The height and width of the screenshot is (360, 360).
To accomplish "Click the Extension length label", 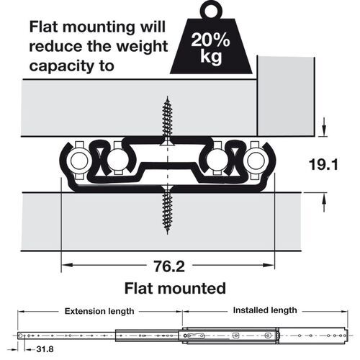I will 99,311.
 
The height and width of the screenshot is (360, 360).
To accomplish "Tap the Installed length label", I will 265,310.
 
